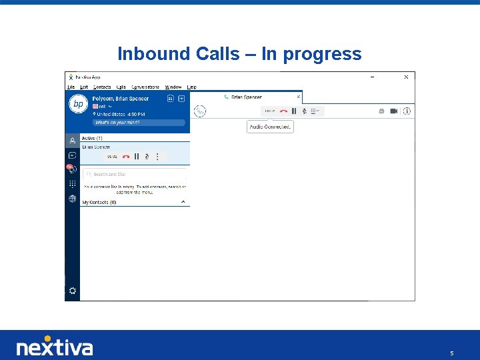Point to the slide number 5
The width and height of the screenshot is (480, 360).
click(451, 353)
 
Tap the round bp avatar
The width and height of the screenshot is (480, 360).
click(79, 104)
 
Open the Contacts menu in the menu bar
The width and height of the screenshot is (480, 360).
click(102, 87)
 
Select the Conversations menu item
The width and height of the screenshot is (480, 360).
click(145, 87)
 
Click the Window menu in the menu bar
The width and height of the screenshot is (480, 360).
click(173, 87)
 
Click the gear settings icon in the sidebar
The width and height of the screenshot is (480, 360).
click(72, 291)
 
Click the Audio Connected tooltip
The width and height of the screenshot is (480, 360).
click(270, 127)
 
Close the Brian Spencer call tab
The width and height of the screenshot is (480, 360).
click(298, 97)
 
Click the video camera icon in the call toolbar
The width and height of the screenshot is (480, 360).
click(393, 111)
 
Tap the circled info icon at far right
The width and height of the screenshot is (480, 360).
click(407, 111)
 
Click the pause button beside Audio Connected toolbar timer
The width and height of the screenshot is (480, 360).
click(294, 111)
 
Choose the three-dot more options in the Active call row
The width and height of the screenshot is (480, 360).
click(157, 157)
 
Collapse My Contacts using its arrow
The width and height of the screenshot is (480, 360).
click(183, 201)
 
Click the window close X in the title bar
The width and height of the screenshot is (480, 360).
click(406, 77)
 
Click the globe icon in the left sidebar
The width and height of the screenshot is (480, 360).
click(72, 199)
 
